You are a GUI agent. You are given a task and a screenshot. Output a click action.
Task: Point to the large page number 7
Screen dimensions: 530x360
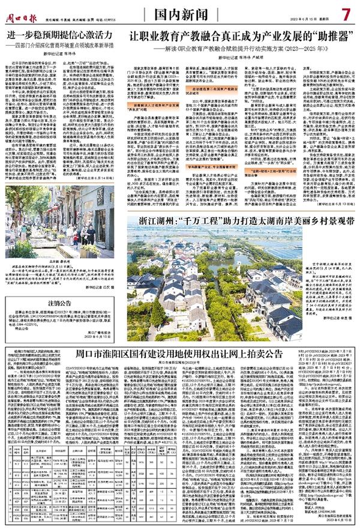click(346, 12)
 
